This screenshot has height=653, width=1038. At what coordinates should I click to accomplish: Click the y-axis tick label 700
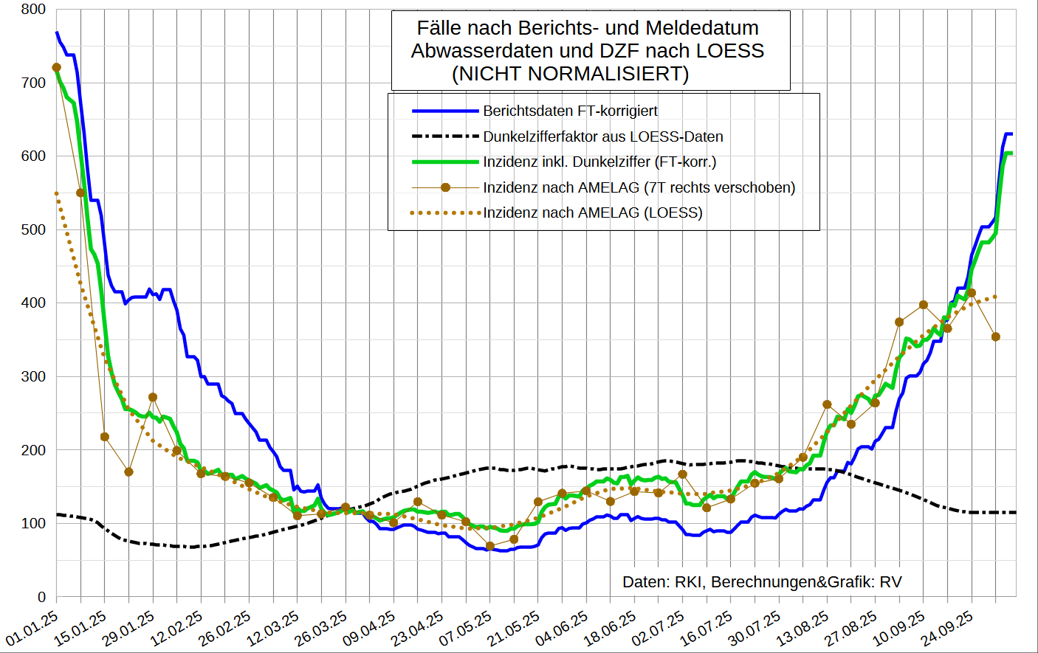tap(33, 83)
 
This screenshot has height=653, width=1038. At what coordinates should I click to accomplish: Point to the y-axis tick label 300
tap(33, 376)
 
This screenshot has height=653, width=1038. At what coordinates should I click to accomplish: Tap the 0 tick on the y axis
tap(42, 597)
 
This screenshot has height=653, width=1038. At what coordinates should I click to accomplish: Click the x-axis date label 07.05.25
tap(466, 627)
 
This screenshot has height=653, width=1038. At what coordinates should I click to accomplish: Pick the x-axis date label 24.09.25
tap(947, 627)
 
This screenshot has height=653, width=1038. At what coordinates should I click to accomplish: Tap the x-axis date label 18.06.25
tap(610, 627)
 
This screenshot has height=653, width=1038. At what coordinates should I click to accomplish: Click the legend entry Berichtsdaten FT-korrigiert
tap(570, 111)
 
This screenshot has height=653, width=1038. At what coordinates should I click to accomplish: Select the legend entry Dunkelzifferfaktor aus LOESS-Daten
tap(602, 137)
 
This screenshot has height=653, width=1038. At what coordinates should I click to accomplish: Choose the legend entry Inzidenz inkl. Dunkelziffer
tap(599, 162)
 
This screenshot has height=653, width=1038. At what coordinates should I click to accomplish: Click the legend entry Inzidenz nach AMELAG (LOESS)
tap(592, 213)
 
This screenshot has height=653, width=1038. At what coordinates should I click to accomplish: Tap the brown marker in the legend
tap(445, 187)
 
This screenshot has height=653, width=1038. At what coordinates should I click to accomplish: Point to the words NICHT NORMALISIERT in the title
tap(570, 74)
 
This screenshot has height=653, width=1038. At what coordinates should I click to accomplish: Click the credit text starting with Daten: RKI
tap(762, 582)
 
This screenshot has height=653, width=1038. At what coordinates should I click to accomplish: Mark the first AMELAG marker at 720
tap(57, 68)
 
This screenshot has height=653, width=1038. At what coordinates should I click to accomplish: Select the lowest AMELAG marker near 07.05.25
tap(489, 546)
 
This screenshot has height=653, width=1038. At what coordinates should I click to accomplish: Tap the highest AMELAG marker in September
tap(972, 293)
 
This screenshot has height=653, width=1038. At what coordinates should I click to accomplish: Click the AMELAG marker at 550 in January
tap(80, 193)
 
